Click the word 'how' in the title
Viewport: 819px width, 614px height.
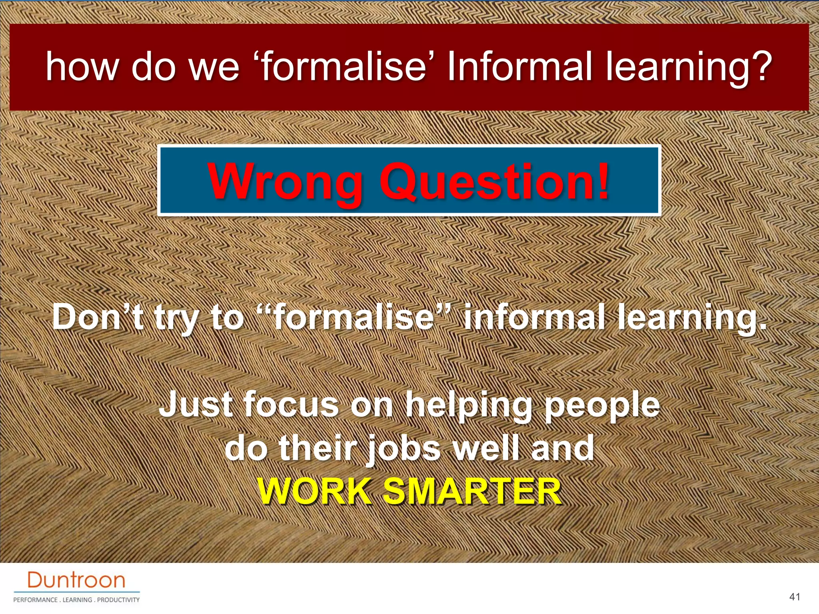pyautogui.click(x=82, y=66)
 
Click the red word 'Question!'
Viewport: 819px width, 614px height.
pyautogui.click(x=494, y=182)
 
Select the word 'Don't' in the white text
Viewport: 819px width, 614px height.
pyautogui.click(x=98, y=317)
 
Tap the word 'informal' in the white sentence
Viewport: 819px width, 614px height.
pyautogui.click(x=534, y=317)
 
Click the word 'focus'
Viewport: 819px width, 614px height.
pyautogui.click(x=291, y=404)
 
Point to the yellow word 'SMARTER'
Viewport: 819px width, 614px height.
pyautogui.click(x=472, y=491)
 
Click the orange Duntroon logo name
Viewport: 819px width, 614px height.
pyautogui.click(x=76, y=580)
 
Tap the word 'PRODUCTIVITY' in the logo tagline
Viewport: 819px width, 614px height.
pyautogui.click(x=118, y=600)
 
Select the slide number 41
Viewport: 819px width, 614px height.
pyautogui.click(x=795, y=597)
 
